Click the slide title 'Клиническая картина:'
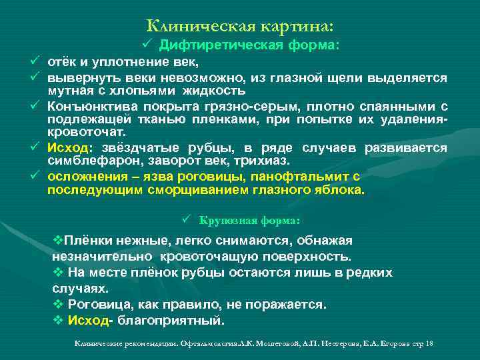(x=239, y=25)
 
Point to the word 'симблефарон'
(x=83, y=162)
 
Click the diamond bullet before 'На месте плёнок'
(x=57, y=273)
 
